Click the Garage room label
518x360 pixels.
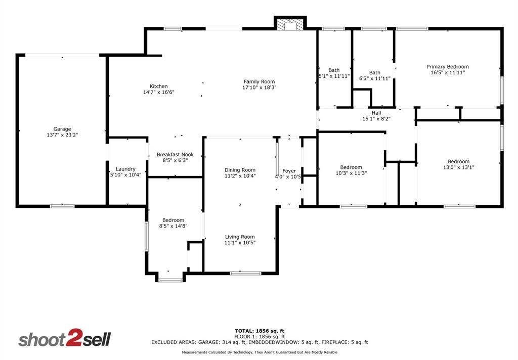pyautogui.click(x=62, y=129)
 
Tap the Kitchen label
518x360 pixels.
pyautogui.click(x=158, y=86)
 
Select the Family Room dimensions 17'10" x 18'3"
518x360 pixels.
pyautogui.click(x=259, y=87)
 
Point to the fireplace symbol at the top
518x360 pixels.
pyautogui.click(x=290, y=25)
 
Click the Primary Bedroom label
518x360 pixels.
pyautogui.click(x=447, y=67)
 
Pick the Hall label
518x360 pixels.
pyautogui.click(x=376, y=113)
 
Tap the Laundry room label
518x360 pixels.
pyautogui.click(x=125, y=169)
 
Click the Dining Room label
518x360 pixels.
pyautogui.click(x=240, y=170)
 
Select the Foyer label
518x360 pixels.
pyautogui.click(x=289, y=171)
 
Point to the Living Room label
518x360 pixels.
pyautogui.click(x=240, y=237)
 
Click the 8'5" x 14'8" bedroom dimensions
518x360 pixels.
pyautogui.click(x=173, y=227)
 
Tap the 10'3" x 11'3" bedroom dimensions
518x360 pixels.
pyautogui.click(x=351, y=173)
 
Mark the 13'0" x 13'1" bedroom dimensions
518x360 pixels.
pyautogui.click(x=458, y=167)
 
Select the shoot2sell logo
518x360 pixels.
pyautogui.click(x=64, y=339)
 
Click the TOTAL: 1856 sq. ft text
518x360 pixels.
pyautogui.click(x=259, y=331)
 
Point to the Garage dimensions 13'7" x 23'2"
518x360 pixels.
pyautogui.click(x=62, y=135)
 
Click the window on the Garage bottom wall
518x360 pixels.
pyautogui.click(x=62, y=206)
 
